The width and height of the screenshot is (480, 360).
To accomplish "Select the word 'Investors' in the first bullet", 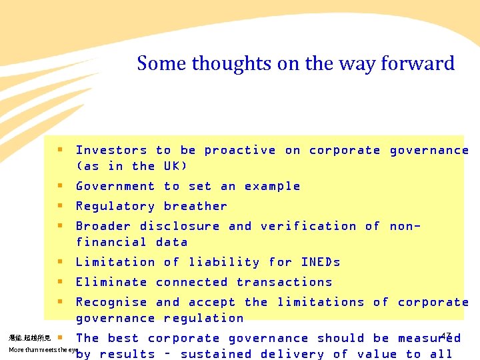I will (111, 150).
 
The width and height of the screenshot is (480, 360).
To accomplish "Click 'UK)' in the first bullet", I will (176, 166).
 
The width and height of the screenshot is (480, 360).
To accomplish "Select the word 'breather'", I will (195, 206).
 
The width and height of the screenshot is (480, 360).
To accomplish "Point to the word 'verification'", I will (308, 226).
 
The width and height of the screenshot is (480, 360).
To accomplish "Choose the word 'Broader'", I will (103, 226).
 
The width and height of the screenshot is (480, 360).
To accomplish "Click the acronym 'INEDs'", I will (321, 262).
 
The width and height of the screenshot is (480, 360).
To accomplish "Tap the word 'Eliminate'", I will (111, 282).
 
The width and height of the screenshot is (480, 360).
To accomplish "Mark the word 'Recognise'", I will (111, 302).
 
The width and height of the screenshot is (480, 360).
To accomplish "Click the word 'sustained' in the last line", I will (215, 354).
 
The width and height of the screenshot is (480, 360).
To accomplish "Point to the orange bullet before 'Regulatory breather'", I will (60, 206).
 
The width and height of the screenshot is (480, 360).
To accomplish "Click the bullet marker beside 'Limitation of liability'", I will (60, 262).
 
